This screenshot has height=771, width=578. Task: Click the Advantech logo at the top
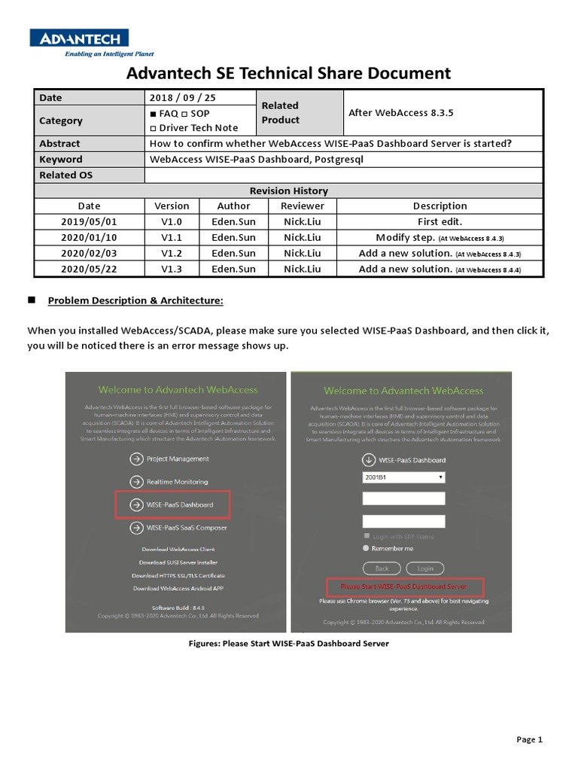(x=78, y=38)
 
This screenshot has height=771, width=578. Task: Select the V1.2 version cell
(x=172, y=253)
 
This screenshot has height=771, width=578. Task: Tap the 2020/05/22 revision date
(x=90, y=269)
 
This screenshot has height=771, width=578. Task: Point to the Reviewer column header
(x=302, y=206)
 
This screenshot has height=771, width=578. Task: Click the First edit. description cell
(x=440, y=221)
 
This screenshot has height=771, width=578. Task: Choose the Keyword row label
(x=61, y=159)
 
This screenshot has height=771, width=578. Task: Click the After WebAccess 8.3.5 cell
(x=401, y=113)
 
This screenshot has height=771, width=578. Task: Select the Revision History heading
(x=289, y=190)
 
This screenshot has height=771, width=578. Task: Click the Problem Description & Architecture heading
(x=135, y=300)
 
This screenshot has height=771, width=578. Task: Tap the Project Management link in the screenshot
(x=178, y=459)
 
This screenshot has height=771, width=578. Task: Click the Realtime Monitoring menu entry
(x=177, y=481)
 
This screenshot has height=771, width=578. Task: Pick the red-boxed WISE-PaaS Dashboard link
(x=179, y=504)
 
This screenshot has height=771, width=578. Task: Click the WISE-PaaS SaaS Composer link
(x=186, y=528)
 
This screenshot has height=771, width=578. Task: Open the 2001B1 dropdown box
(x=403, y=477)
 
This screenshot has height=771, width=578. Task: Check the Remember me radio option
(x=367, y=548)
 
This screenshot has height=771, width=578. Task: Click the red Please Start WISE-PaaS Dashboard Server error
(x=403, y=586)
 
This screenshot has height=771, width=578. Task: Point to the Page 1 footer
(x=529, y=739)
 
